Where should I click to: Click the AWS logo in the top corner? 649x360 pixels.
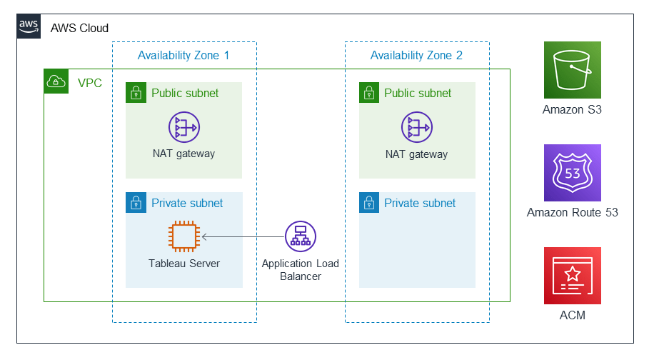coord(29,26)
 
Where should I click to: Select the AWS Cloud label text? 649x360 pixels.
coord(79,28)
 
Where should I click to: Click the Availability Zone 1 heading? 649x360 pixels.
coord(183,55)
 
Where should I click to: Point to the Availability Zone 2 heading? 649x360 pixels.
coord(416,55)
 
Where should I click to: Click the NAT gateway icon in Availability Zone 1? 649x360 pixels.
coord(183,128)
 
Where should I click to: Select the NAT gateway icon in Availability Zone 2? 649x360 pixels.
coord(416,128)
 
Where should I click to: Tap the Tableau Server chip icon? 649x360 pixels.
coord(183,236)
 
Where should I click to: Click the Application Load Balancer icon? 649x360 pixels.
coord(300,236)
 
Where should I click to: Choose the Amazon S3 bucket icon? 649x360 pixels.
coord(572,70)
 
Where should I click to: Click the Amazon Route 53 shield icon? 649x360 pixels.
coord(572,173)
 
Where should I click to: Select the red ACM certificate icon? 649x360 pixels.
coord(572,276)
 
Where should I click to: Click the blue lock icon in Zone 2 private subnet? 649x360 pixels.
coord(368,203)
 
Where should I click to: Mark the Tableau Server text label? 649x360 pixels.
coord(183,264)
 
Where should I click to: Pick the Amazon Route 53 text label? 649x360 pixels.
coord(572,212)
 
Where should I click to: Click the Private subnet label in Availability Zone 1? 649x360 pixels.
coord(187,203)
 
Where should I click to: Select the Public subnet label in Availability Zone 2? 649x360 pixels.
coord(418,93)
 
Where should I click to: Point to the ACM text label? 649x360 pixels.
coord(572,315)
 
